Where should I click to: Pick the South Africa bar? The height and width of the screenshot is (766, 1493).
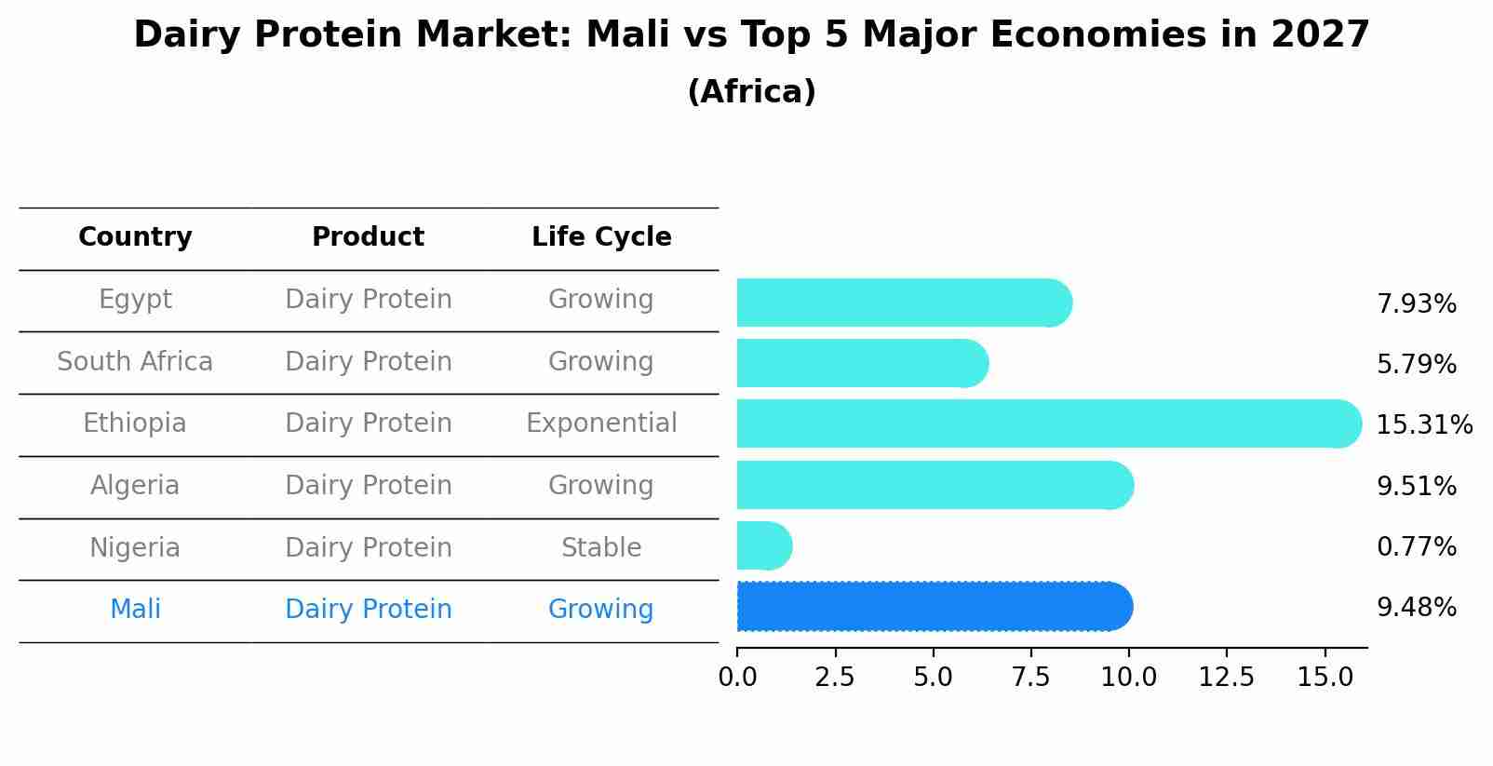[x=861, y=363]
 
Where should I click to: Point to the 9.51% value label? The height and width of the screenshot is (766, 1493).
[x=1416, y=486]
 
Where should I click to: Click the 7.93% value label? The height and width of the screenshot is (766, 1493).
[x=1416, y=303]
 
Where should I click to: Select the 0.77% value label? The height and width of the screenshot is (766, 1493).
[x=1416, y=546]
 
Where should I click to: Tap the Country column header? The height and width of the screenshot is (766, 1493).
[x=135, y=237]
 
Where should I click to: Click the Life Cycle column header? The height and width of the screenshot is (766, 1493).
[x=601, y=237]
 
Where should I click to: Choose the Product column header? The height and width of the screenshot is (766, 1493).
[x=368, y=237]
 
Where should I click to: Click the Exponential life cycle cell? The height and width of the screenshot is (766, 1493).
[x=601, y=423]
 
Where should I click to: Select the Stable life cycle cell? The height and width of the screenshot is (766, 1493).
[x=601, y=547]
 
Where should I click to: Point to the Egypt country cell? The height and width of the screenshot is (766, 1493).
[x=135, y=300]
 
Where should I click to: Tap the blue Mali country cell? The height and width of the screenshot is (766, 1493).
[x=135, y=610]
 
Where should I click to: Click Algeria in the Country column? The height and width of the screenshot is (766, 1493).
[x=135, y=486]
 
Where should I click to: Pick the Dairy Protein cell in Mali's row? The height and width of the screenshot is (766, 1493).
[x=368, y=610]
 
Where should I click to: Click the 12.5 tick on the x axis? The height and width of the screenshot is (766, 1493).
[x=1226, y=678]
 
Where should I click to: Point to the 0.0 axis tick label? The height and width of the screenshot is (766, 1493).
[x=737, y=678]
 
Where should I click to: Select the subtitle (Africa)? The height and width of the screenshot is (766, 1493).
[x=751, y=92]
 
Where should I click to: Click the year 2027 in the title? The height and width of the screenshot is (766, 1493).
[x=1320, y=35]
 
